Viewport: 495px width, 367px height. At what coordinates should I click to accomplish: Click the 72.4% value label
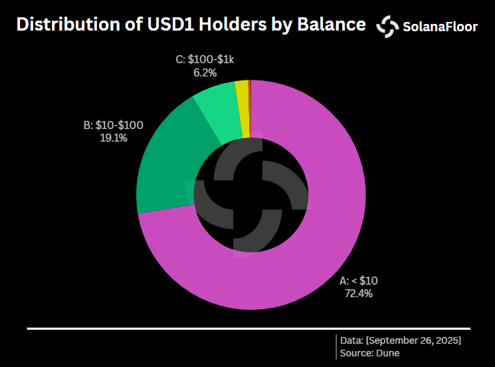(x=358, y=292)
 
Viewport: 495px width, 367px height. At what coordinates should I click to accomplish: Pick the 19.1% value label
(x=113, y=138)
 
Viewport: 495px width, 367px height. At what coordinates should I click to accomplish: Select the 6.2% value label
(x=205, y=72)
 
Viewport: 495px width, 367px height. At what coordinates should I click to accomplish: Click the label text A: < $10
(x=359, y=280)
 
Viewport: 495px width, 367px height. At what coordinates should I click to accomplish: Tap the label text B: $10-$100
(x=113, y=125)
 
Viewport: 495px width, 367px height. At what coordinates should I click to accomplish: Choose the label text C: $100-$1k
(x=205, y=60)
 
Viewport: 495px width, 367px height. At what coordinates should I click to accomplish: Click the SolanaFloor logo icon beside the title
(x=387, y=26)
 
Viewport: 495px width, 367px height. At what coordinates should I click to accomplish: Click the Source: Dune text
(x=370, y=353)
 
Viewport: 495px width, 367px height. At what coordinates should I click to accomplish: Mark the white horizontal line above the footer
(x=248, y=328)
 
